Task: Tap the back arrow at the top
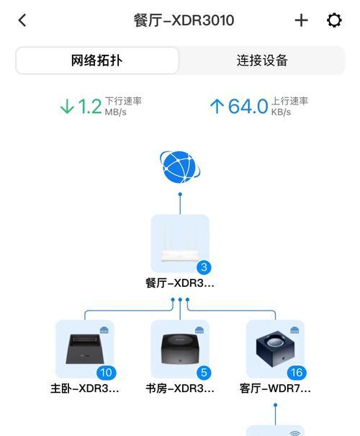point(22,21)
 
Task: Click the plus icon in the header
point(301,21)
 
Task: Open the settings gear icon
point(334,20)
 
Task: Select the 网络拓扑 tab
point(96,61)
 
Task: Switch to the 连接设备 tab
point(262,61)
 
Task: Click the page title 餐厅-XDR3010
point(184,21)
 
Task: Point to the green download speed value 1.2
point(90,107)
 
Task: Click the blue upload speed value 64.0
point(248,107)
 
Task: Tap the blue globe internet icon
point(180,167)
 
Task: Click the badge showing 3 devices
point(204,267)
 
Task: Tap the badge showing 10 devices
point(106,373)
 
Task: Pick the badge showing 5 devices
point(204,373)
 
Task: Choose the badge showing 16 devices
point(297,373)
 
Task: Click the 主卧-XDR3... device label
point(85,388)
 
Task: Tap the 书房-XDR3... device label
point(180,388)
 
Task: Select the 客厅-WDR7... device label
point(275,388)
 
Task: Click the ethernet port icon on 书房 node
point(199,330)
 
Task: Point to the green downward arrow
point(67,107)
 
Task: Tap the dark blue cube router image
point(275,348)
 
